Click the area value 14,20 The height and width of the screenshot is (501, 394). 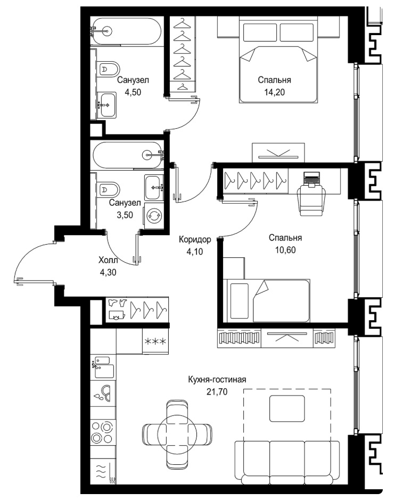[274, 93]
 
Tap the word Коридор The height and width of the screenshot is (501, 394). [195, 239]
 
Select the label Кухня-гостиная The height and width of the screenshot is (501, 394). [217, 380]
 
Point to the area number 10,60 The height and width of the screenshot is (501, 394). [285, 250]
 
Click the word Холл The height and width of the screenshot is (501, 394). [108, 261]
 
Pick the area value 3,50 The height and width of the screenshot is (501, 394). [125, 215]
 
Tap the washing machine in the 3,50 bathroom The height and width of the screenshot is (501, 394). [154, 216]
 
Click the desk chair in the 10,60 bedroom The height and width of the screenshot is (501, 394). [311, 201]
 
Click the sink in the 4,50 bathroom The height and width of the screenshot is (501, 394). [107, 105]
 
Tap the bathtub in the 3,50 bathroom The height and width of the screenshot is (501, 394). [127, 156]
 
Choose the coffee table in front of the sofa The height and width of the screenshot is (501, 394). [287, 408]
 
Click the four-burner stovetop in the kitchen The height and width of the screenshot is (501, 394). [102, 432]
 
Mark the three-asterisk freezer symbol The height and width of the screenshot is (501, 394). [155, 341]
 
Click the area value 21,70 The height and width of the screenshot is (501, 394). [217, 391]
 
